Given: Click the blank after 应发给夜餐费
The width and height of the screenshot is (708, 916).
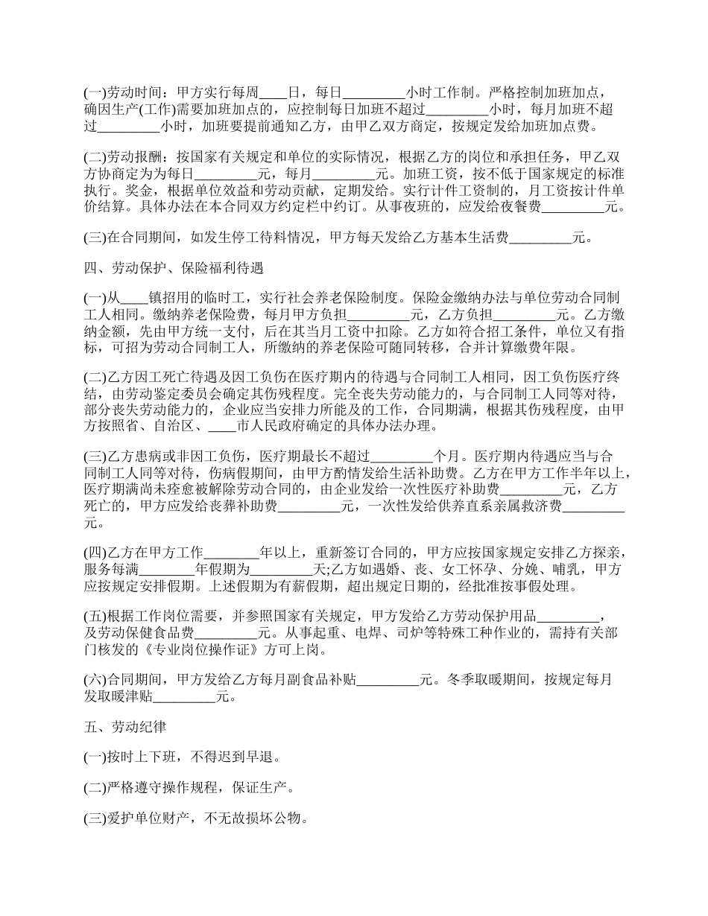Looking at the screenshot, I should pos(573,207).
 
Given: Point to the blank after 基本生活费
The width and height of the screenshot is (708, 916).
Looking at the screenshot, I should pos(540,238).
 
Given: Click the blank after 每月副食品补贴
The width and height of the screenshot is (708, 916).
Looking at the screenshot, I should pos(389,680).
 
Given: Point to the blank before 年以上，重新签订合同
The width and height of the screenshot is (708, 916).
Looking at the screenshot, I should pos(231,553).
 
